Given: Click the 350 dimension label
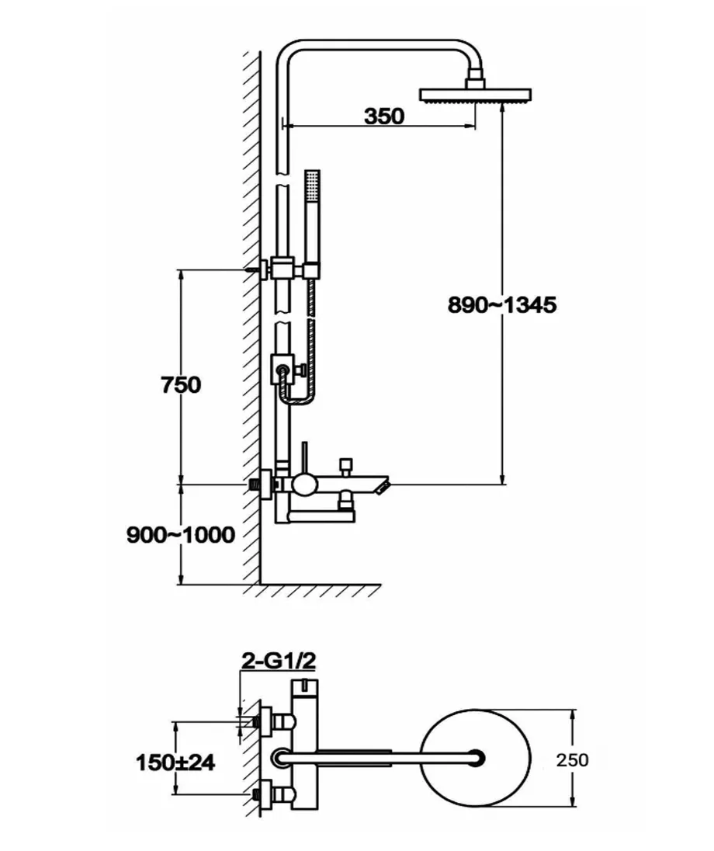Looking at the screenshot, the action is click(x=384, y=116).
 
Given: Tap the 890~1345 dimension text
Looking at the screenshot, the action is click(x=502, y=305).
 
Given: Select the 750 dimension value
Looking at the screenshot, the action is click(x=181, y=385).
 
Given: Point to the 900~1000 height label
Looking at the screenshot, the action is click(x=181, y=535).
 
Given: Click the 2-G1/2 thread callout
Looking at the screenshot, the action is click(x=279, y=661).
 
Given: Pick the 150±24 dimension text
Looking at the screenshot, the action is click(x=175, y=763).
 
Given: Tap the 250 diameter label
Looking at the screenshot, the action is click(x=572, y=760).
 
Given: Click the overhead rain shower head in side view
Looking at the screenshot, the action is click(x=476, y=95).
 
